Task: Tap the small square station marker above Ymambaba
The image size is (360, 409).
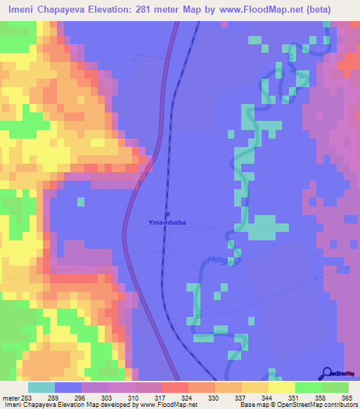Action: pos(167,214)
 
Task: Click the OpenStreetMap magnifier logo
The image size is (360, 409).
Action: pos(327,372)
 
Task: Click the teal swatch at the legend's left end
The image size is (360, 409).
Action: pos(41,387)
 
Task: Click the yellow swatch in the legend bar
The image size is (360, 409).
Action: pos(281,387)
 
